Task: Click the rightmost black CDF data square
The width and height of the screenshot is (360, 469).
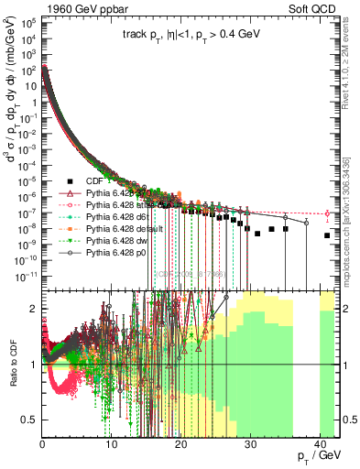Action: point(327,235)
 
